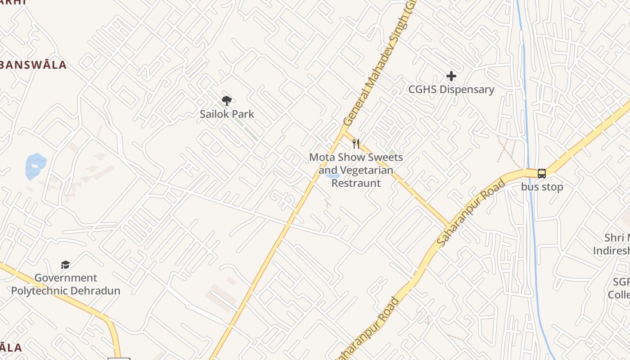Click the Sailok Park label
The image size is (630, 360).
[227, 114]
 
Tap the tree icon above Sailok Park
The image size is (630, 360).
[227, 100]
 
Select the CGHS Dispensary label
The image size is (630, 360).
[451, 89]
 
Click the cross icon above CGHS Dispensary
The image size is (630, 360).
[451, 76]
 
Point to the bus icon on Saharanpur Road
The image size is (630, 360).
[542, 173]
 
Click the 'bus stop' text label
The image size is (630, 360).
[542, 187]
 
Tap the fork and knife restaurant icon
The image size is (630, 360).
[356, 144]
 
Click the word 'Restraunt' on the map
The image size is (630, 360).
[356, 183]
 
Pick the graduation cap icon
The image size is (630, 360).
[66, 265]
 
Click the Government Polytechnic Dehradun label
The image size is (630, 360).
[66, 284]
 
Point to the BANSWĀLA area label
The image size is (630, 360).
[33, 65]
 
